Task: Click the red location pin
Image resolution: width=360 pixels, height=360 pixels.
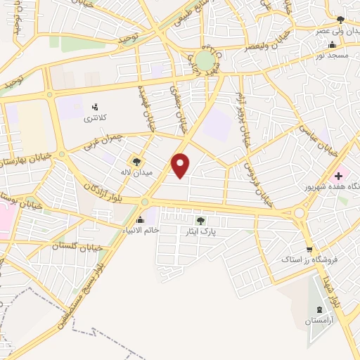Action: (181, 165)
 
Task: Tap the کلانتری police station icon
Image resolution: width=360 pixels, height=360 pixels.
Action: (94, 107)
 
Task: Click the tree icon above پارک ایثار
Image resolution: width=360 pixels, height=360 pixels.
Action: (200, 221)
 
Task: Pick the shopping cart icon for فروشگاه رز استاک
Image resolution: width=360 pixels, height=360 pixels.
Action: (309, 250)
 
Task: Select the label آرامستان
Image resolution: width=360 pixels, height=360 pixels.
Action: (321, 321)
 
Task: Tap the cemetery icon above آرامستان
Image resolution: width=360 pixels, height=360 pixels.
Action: (321, 310)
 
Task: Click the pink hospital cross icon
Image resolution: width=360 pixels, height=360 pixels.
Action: (338, 175)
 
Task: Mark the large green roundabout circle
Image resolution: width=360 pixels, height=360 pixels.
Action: (204, 60)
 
